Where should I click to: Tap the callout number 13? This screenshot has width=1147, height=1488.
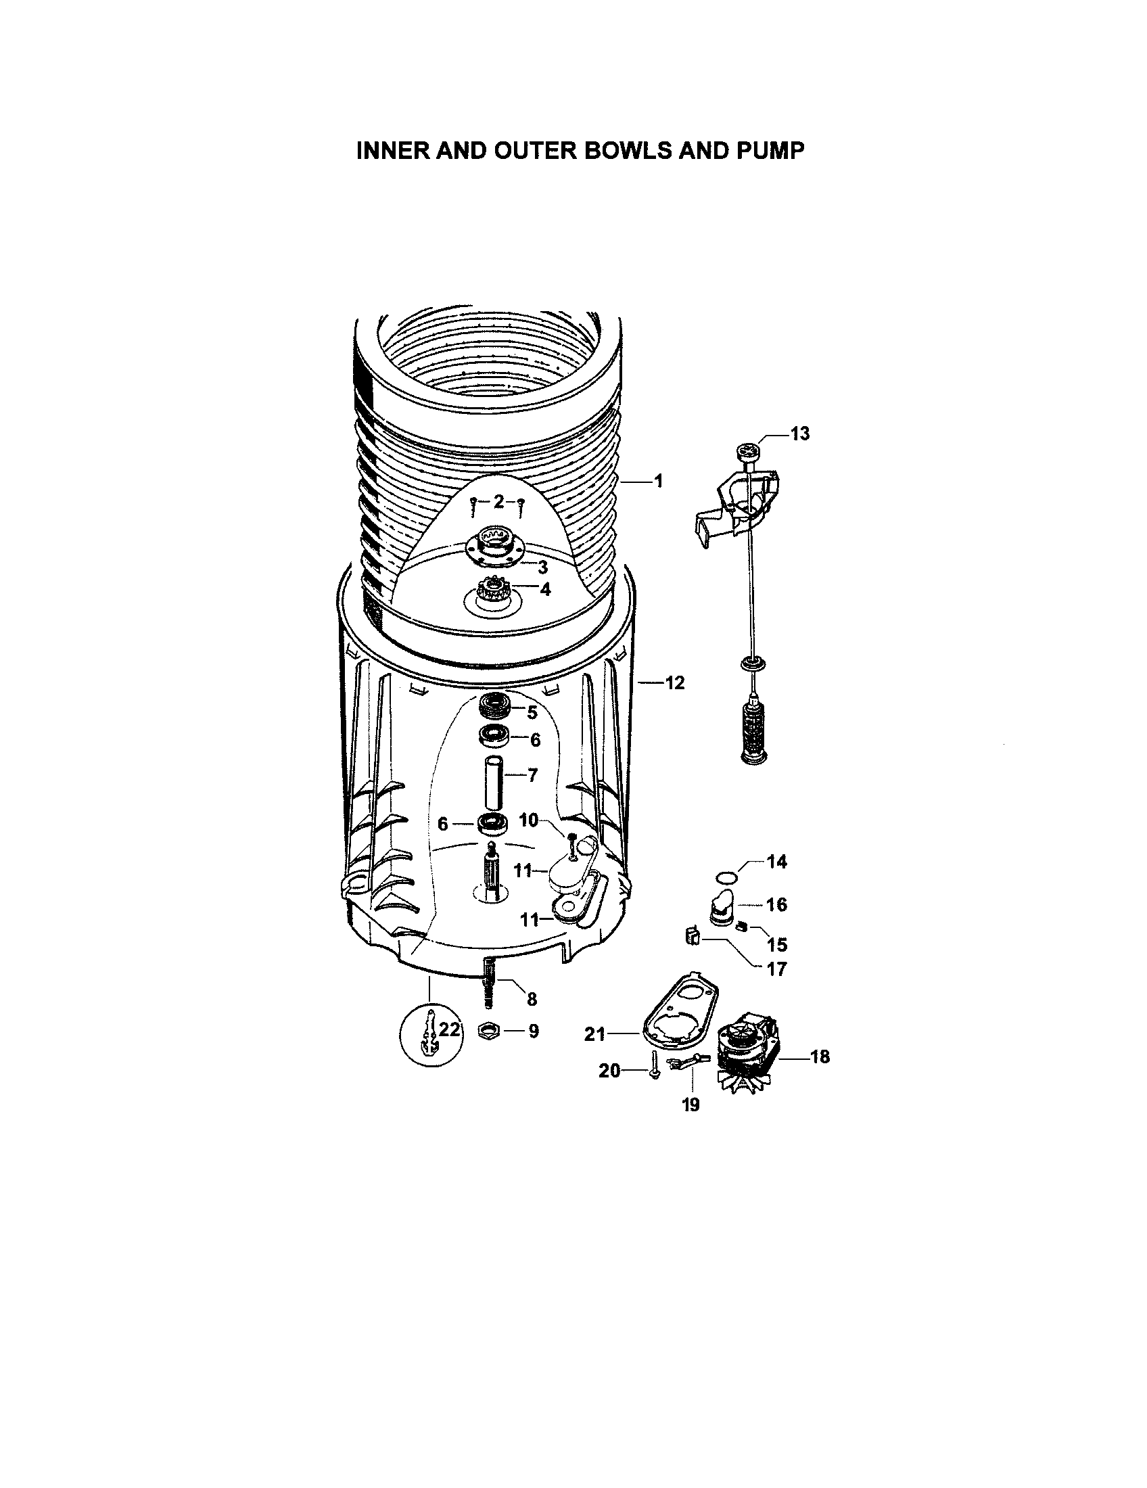pos(799,434)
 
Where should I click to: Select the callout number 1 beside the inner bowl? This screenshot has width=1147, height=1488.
pos(659,481)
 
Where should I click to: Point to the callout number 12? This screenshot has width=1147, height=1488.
pos(674,682)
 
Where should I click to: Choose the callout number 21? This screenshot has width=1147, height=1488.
pos(594,1034)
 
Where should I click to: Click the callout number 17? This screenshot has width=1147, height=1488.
pos(776,968)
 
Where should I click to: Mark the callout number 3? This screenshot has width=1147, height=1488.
pos(543,567)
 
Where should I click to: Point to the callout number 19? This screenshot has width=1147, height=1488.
pos(690,1104)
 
